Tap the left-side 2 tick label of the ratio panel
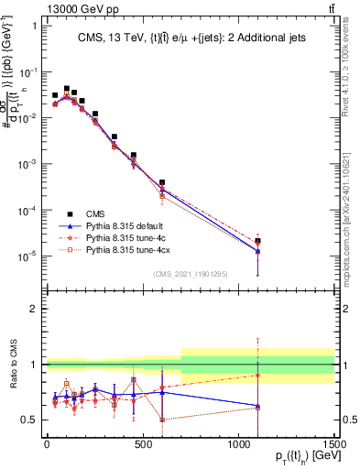click(x=33, y=310)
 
